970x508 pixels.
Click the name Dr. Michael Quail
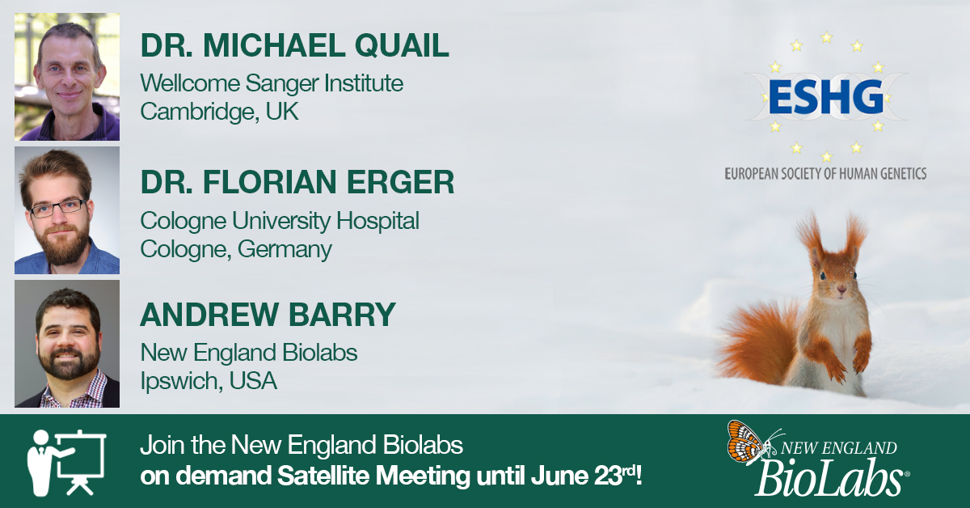point(294,46)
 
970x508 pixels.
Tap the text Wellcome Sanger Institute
point(272,83)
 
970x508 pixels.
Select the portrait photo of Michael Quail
point(67,77)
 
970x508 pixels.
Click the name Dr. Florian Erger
point(297,183)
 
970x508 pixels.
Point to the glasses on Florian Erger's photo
point(59,207)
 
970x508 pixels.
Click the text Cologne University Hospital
point(280,220)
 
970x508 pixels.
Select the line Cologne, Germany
point(236,249)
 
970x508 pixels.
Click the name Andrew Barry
point(268,315)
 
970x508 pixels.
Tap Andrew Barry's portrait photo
point(67,344)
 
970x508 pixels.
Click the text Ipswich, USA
point(209,380)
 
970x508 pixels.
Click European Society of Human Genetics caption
point(824,173)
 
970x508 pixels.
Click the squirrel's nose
point(841,289)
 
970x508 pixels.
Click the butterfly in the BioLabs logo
point(744,442)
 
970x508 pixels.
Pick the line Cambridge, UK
point(219,111)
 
